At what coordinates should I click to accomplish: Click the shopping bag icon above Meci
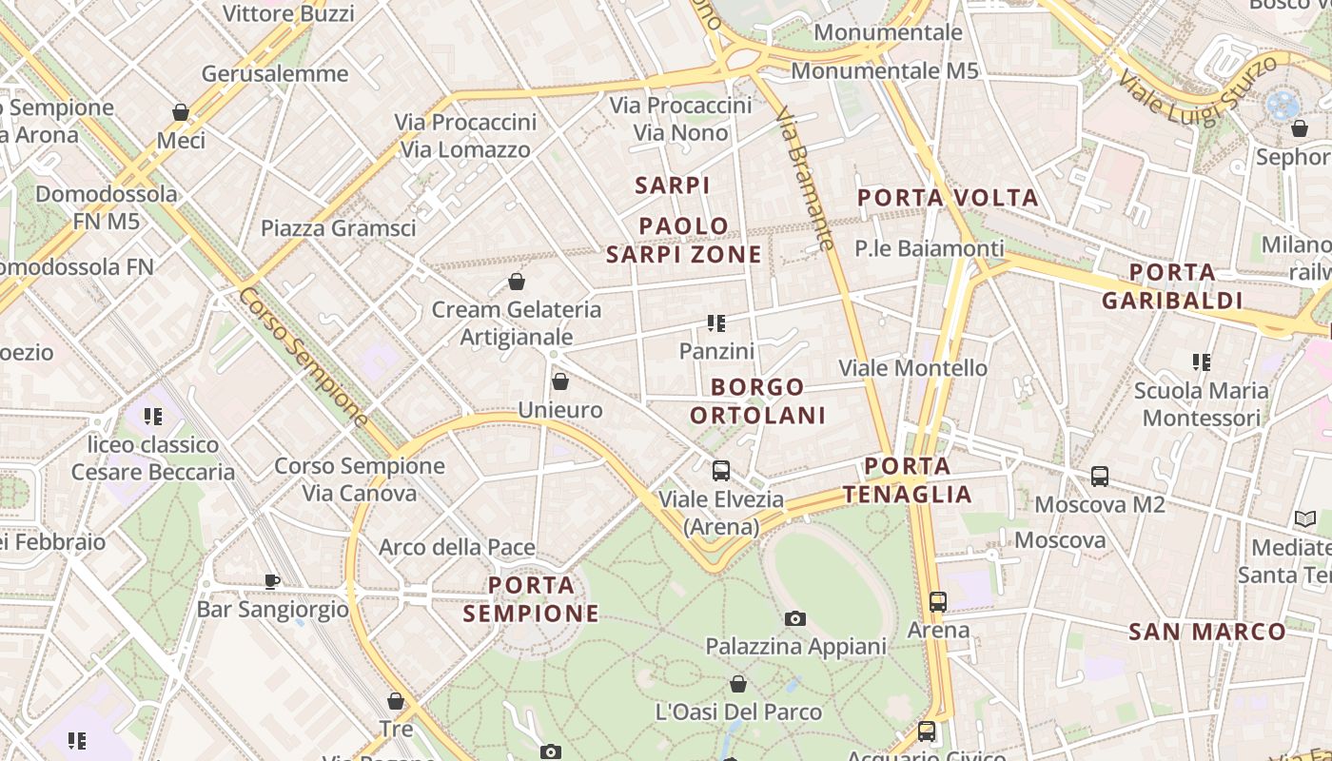click(181, 112)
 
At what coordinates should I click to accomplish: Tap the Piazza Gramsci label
click(338, 228)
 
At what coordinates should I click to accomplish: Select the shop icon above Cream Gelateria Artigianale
click(517, 282)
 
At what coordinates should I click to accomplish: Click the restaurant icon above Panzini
click(716, 323)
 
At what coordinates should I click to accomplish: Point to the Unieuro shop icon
click(560, 381)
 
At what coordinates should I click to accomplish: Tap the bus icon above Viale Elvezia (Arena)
click(721, 470)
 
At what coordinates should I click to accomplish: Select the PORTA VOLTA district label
click(948, 198)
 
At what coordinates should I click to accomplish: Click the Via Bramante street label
click(805, 178)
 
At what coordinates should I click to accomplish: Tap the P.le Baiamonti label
click(929, 248)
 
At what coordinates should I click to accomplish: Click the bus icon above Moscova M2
click(1100, 477)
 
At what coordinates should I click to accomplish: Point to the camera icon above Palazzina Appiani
click(795, 618)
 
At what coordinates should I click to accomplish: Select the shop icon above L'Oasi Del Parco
click(738, 683)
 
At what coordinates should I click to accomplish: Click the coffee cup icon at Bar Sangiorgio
click(272, 580)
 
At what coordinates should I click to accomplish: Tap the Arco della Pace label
click(457, 548)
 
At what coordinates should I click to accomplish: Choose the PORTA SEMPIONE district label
click(531, 598)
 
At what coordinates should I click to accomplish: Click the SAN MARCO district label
click(1206, 632)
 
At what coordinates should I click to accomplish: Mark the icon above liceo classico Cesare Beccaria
click(153, 416)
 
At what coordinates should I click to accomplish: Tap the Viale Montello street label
click(912, 368)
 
